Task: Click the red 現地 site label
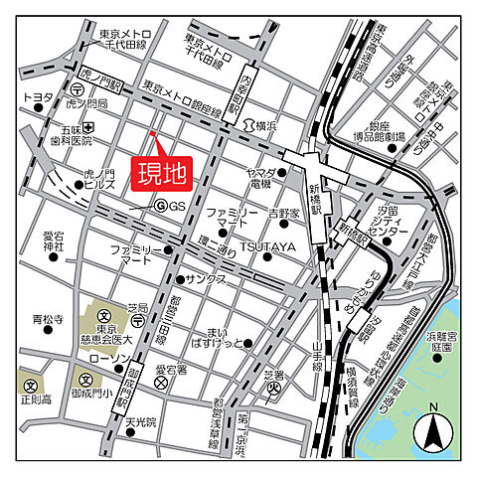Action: pyautogui.click(x=161, y=174)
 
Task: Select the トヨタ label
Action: pyautogui.click(x=38, y=97)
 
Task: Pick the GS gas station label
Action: pyautogui.click(x=176, y=206)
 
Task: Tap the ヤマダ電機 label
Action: pyautogui.click(x=259, y=178)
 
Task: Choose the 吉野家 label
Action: pyautogui.click(x=284, y=213)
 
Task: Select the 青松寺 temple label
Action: pyautogui.click(x=47, y=320)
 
